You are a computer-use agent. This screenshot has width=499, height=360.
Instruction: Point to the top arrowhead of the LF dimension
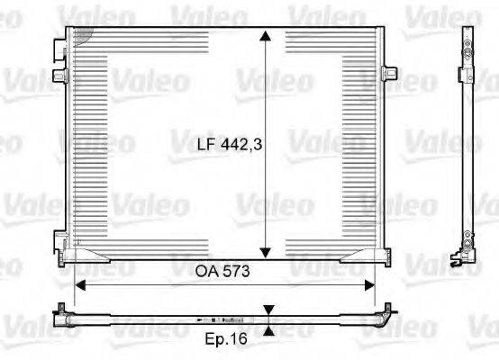(x=265, y=36)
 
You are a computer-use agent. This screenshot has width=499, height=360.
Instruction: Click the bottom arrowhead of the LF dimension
(x=265, y=251)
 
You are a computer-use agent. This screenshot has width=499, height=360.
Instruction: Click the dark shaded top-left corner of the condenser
(x=80, y=34)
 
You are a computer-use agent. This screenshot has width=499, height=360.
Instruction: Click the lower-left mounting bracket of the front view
(x=59, y=240)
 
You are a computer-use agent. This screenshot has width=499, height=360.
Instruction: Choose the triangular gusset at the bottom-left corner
(x=94, y=261)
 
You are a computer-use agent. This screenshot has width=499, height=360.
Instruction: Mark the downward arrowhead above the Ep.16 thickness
(x=268, y=310)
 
